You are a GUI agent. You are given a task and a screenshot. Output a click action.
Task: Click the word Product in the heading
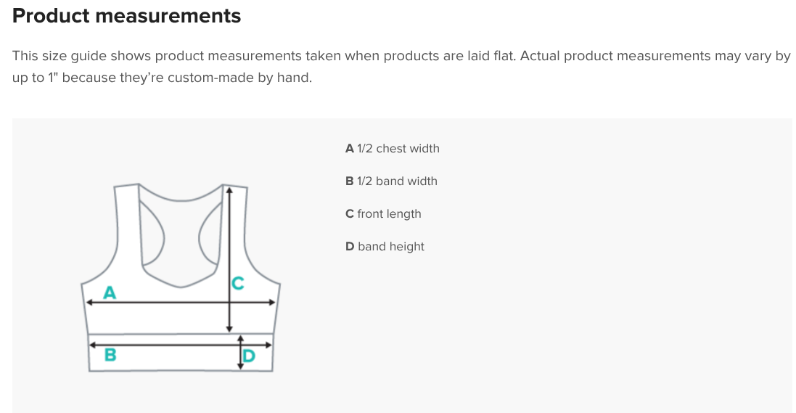(51, 16)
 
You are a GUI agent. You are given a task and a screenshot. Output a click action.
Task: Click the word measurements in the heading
(168, 16)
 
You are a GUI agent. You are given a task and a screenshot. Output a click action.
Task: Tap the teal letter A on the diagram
(110, 293)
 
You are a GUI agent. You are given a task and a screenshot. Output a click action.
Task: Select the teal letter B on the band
(110, 355)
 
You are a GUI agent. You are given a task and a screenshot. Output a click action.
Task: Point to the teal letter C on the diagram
(237, 284)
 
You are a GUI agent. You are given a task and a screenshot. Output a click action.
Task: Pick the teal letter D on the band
(249, 356)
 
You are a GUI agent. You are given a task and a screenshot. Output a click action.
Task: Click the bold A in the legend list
(349, 149)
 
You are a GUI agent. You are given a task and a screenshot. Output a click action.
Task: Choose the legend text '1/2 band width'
(397, 181)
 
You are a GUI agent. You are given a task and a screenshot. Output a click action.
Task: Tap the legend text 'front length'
(389, 214)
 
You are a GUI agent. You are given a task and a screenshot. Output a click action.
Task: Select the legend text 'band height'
(391, 247)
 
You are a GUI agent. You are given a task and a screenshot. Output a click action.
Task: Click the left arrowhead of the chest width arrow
(89, 302)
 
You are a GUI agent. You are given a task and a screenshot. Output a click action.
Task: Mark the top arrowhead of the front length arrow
(229, 190)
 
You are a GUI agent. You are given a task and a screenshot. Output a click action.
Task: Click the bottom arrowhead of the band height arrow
(241, 366)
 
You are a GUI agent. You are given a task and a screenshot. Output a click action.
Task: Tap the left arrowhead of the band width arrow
(93, 345)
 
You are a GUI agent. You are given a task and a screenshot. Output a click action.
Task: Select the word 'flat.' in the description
(504, 55)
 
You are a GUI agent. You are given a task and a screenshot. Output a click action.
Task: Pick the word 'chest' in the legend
(392, 149)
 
